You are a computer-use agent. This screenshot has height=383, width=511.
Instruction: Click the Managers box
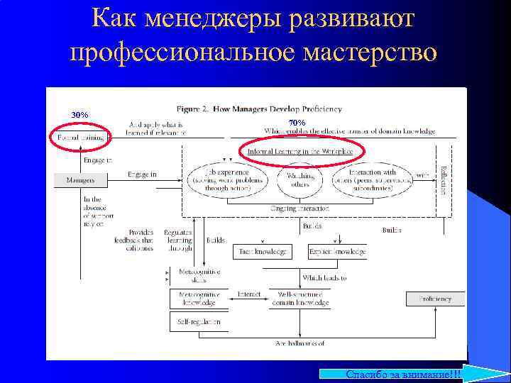point(81,180)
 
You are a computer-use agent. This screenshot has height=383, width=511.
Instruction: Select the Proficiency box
point(434,299)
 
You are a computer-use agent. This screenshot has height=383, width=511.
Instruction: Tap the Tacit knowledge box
point(260,252)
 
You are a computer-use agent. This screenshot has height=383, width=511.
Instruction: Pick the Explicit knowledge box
point(337,252)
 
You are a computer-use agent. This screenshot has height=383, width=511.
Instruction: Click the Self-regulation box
point(198,322)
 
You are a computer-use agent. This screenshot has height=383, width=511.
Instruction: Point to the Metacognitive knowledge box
point(198,299)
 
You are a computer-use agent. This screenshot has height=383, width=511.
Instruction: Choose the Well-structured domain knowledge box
point(300,299)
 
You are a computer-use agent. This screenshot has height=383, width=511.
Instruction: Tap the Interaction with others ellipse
point(374,181)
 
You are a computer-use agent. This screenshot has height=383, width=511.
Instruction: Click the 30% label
point(79,115)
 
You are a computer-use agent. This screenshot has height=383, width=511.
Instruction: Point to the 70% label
point(297,123)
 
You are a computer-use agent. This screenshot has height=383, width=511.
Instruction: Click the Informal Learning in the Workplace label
point(300,152)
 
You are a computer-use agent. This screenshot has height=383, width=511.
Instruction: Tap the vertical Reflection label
point(444,180)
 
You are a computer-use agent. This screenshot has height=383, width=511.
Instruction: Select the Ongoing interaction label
point(300,208)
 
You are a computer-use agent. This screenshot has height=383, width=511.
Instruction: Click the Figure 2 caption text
point(259,109)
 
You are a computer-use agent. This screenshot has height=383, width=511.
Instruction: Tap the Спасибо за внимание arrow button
point(412,374)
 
